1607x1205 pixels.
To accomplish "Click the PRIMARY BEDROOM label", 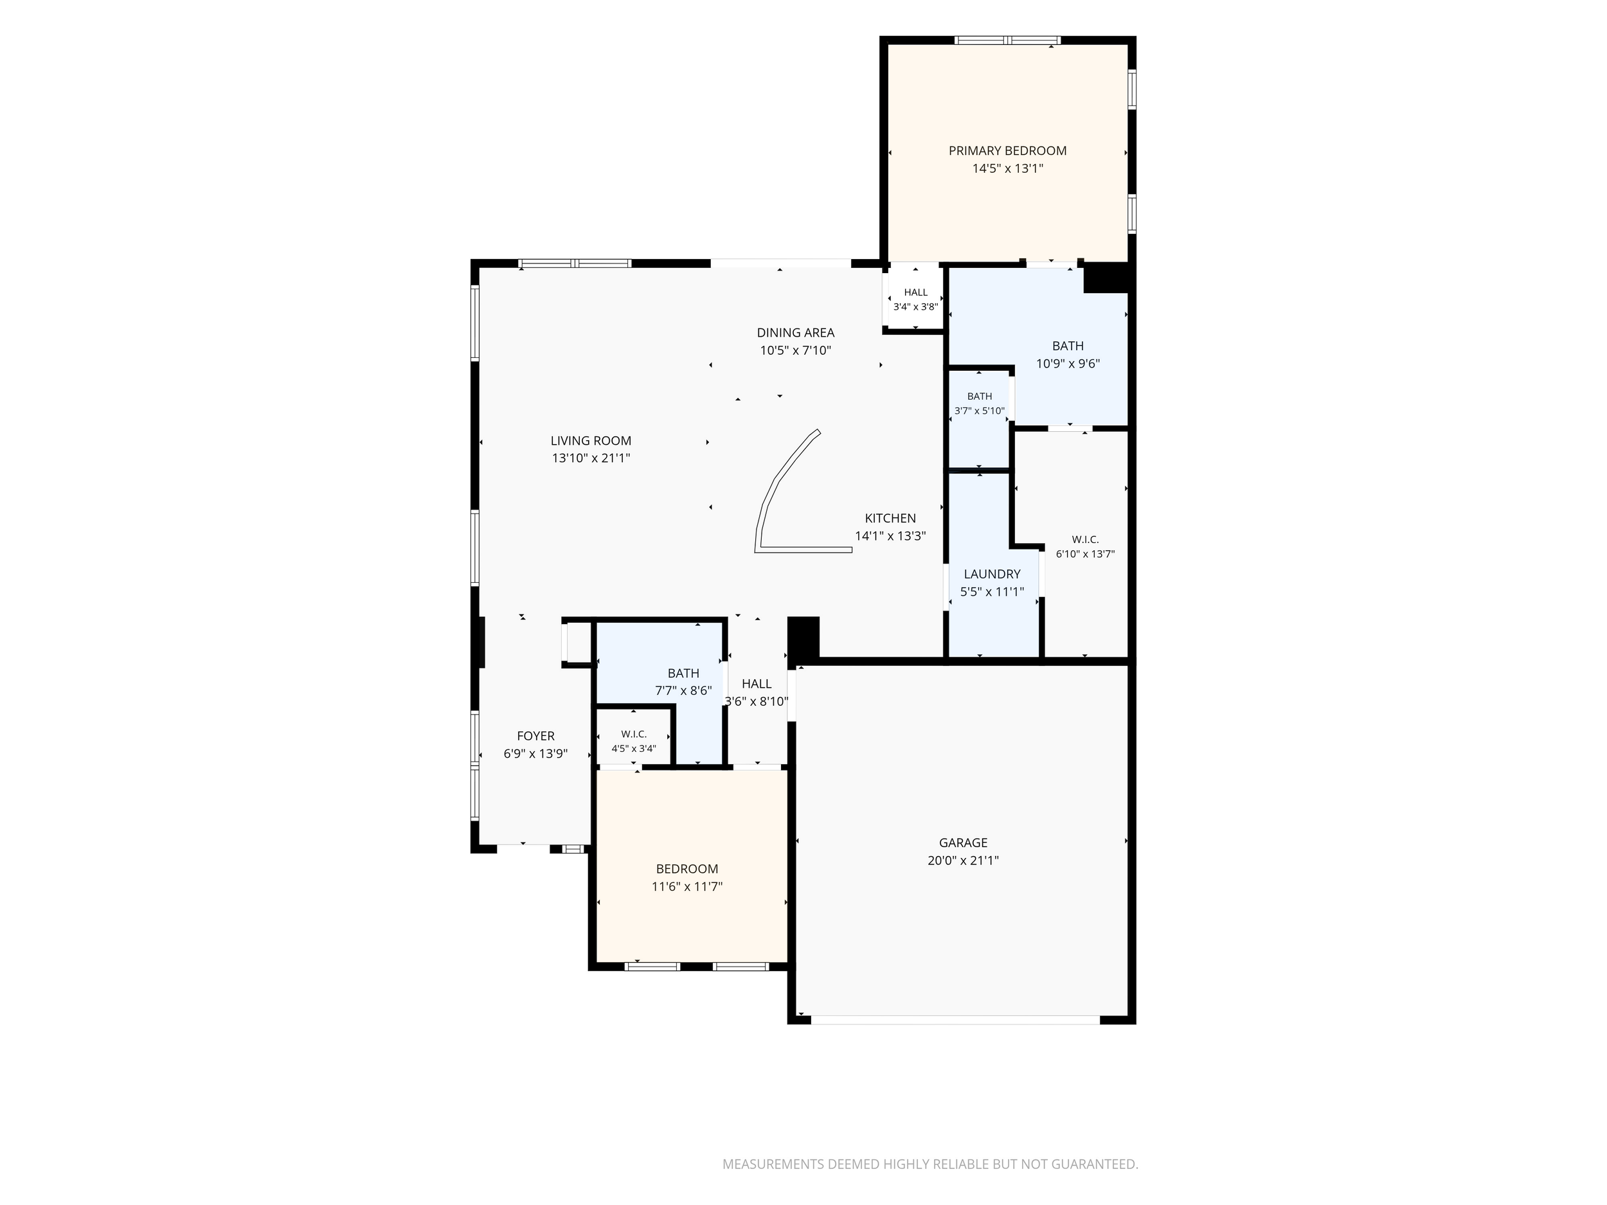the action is [1008, 151].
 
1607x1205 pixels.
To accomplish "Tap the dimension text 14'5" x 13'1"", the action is [1008, 168].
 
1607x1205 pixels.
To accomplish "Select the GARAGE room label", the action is [964, 843].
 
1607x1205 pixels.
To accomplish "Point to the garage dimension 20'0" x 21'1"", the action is [964, 861].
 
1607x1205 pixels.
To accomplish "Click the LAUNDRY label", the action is [992, 574].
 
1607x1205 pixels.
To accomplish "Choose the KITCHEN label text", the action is [891, 519].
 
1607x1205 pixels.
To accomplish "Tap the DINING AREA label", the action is [796, 333].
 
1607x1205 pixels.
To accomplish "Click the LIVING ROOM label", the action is [591, 441].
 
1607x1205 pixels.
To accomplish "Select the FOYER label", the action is [535, 736].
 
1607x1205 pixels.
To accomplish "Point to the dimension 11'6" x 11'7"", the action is [687, 887].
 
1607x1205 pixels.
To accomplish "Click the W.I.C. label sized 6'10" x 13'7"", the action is [1086, 540].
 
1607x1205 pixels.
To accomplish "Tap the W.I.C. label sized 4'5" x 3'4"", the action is [634, 735].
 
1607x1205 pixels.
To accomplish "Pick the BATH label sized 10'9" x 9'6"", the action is [1068, 346].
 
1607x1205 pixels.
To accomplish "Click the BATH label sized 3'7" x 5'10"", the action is [980, 397].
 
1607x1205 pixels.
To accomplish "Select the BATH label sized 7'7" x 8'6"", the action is [684, 674].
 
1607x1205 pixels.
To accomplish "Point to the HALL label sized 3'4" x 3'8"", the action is [915, 292].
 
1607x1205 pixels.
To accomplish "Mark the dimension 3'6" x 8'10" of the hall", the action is [757, 702].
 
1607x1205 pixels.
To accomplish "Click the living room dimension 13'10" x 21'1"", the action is [591, 458].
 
